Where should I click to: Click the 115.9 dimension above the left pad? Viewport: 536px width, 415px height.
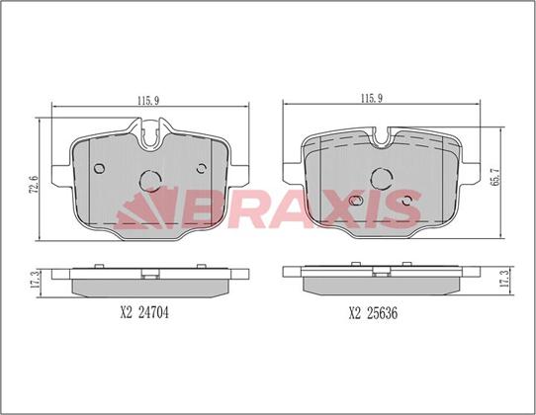click(x=148, y=101)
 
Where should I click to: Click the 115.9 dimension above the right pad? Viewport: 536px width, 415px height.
click(x=372, y=99)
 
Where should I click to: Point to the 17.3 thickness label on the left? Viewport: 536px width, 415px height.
click(x=35, y=281)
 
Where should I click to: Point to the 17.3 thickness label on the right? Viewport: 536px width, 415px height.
click(x=504, y=278)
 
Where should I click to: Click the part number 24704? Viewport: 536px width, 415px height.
click(x=153, y=312)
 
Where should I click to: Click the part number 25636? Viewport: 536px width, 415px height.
click(x=382, y=313)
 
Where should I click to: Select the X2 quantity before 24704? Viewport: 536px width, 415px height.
click(x=126, y=312)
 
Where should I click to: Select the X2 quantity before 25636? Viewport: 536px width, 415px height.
click(x=355, y=313)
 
